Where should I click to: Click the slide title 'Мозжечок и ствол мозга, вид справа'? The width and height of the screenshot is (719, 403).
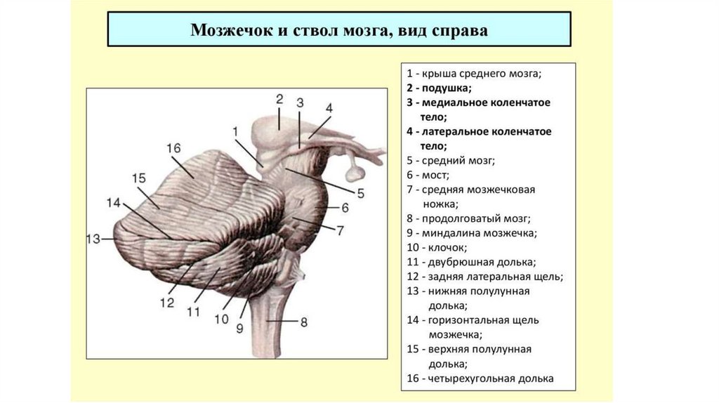pyautogui.click(x=339, y=31)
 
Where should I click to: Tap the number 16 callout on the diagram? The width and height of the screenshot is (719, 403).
pyautogui.click(x=173, y=148)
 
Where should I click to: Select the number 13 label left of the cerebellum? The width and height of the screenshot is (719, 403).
pyautogui.click(x=94, y=239)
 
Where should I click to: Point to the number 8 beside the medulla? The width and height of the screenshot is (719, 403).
pyautogui.click(x=303, y=322)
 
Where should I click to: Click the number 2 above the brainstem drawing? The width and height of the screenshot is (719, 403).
pyautogui.click(x=279, y=99)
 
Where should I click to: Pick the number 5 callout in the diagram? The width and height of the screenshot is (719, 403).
pyautogui.click(x=360, y=192)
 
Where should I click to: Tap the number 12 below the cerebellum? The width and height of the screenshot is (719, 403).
pyautogui.click(x=166, y=303)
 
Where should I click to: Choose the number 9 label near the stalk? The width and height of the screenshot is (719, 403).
pyautogui.click(x=239, y=327)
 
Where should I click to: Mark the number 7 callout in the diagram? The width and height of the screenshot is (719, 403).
pyautogui.click(x=340, y=230)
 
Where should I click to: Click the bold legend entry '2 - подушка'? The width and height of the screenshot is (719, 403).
pyautogui.click(x=439, y=88)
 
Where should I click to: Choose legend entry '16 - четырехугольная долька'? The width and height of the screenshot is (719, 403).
pyautogui.click(x=480, y=378)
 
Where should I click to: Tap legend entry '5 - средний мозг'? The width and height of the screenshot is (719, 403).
pyautogui.click(x=450, y=160)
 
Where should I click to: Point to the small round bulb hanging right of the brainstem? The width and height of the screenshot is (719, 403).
pyautogui.click(x=355, y=170)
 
